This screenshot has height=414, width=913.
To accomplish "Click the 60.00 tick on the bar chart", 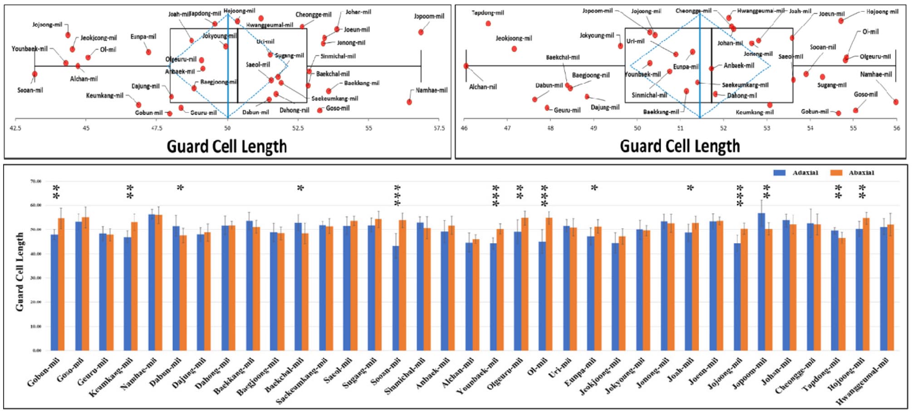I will click(x=35, y=206).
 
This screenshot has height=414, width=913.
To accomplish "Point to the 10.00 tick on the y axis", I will click(x=35, y=326).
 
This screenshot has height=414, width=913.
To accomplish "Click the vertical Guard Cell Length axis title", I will click(x=20, y=271).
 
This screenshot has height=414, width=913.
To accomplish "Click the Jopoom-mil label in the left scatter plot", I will click(x=429, y=16).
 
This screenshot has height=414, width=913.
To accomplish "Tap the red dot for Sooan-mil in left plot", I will click(x=34, y=74).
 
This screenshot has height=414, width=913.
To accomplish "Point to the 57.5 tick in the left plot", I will click(x=439, y=128).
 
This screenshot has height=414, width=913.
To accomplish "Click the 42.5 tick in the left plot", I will click(x=15, y=128).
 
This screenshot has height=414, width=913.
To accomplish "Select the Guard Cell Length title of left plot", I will click(x=226, y=147).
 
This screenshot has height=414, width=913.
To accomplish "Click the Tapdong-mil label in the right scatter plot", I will click(x=488, y=13).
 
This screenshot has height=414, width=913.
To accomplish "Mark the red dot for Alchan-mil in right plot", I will click(x=466, y=66).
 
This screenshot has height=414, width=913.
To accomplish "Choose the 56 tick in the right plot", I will click(x=896, y=128).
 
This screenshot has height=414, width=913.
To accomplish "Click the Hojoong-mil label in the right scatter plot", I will click(x=882, y=12).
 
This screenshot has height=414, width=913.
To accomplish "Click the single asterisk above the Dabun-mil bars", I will click(x=180, y=188).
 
